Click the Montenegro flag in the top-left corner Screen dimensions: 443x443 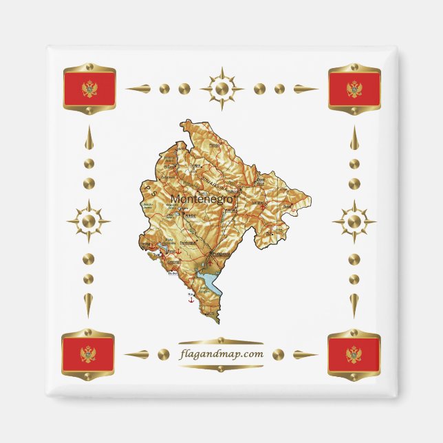(89, 88)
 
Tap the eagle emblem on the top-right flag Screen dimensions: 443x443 (354, 89)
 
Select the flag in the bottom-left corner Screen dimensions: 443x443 (88, 354)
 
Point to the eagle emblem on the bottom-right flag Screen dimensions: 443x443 (354, 354)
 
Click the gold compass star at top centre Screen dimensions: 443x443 (221, 88)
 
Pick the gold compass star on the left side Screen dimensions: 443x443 (88, 221)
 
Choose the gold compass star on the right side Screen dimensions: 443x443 (354, 221)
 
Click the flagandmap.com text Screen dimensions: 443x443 (221, 354)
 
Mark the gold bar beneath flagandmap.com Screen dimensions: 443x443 (221, 368)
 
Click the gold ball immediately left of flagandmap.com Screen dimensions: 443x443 (162, 354)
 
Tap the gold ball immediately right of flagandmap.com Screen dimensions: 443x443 (279, 354)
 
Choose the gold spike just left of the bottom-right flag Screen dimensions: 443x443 (304, 355)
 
